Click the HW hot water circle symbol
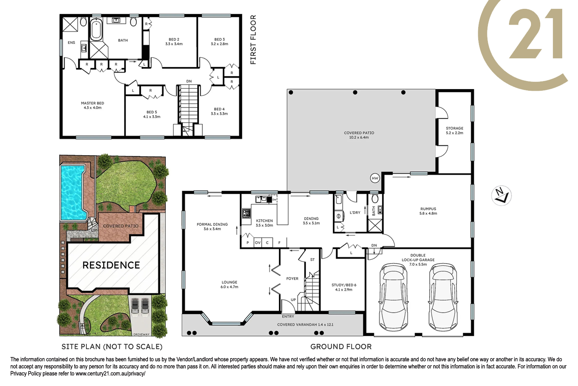[x=375, y=178]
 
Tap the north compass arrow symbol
[x=501, y=196]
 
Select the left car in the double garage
[x=393, y=297]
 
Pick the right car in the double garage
[x=442, y=297]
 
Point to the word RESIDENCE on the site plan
[x=111, y=265]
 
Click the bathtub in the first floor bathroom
[x=96, y=30]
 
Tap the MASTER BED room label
[x=92, y=103]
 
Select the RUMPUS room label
[x=428, y=209]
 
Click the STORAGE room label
[x=454, y=128]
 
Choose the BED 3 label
[x=219, y=39]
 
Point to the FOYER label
[x=292, y=278]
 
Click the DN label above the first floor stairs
[x=189, y=81]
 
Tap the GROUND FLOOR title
[x=341, y=347]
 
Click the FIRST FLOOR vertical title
[x=253, y=39]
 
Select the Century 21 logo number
[x=535, y=34]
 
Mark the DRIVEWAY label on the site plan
[x=141, y=334]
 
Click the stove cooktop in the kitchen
[x=247, y=213]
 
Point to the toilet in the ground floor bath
[x=375, y=198]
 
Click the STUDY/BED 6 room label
[x=344, y=285]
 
